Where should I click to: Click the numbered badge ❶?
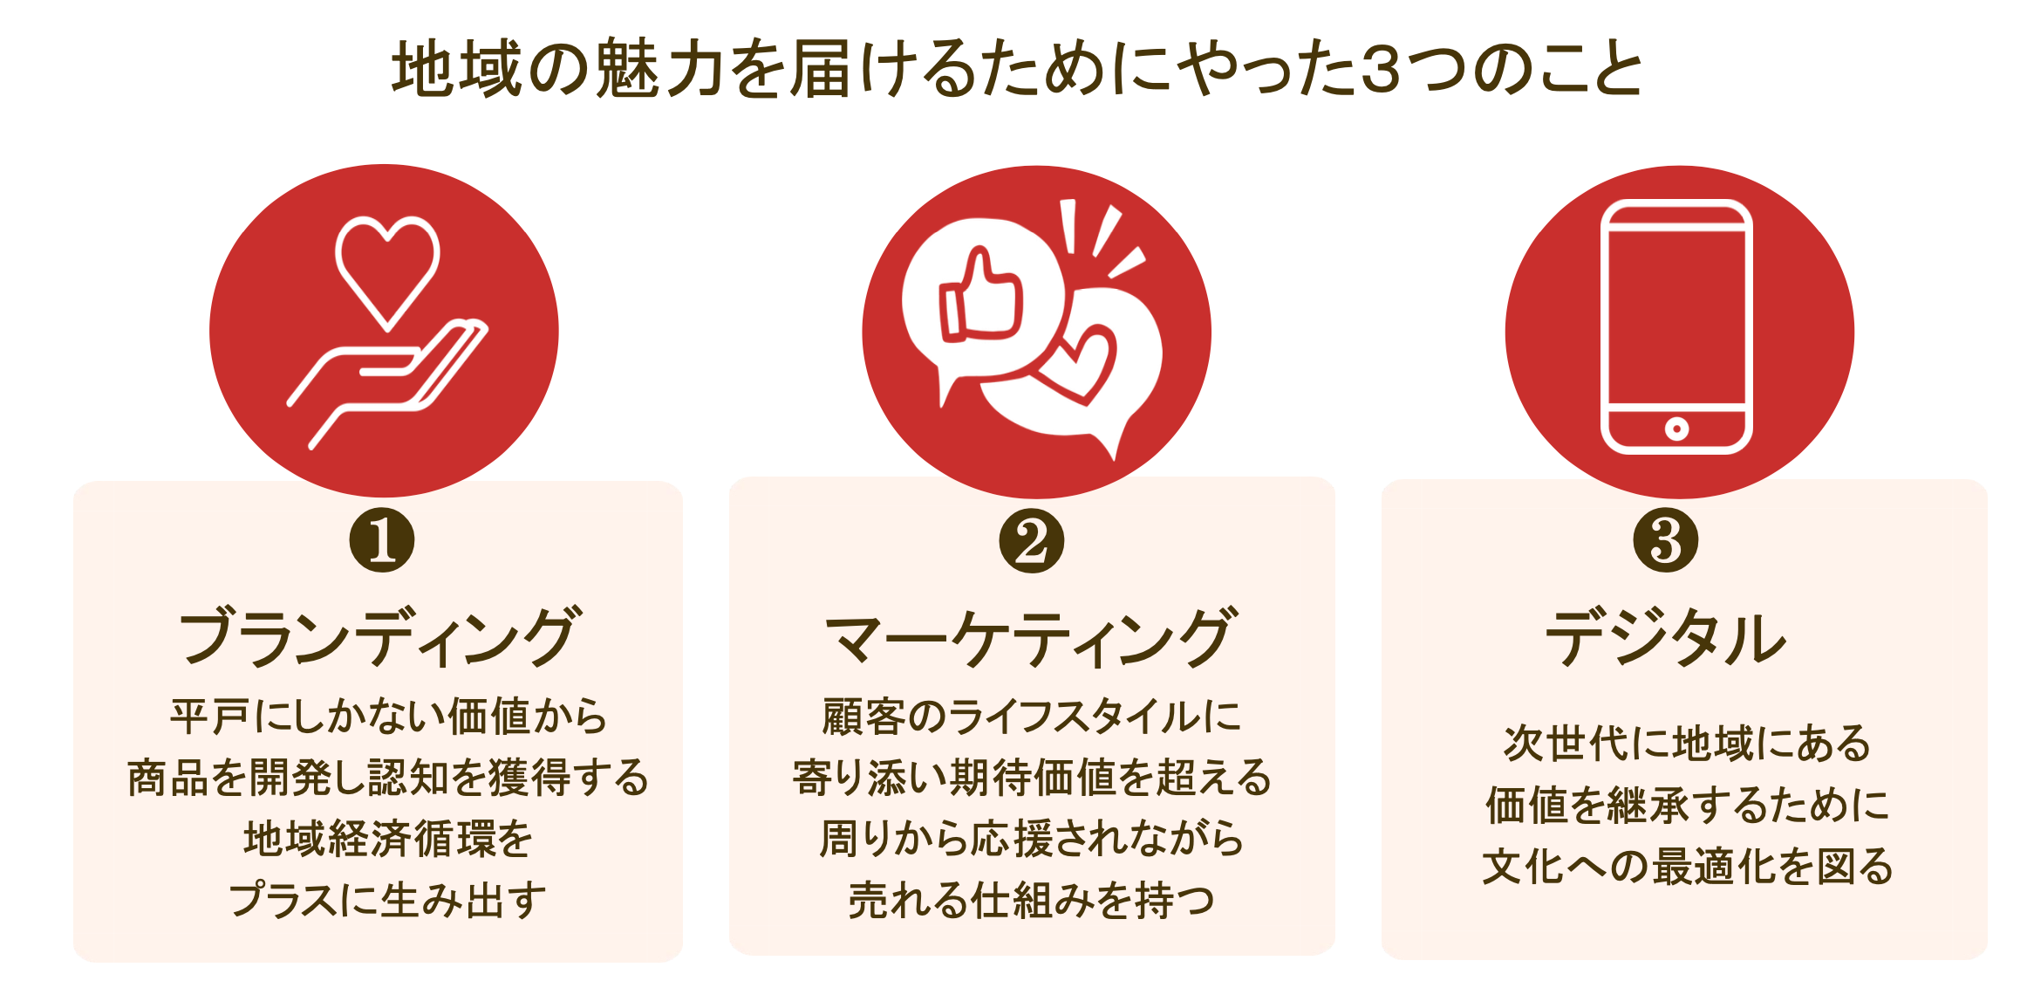(381, 540)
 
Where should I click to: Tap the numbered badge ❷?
(1031, 540)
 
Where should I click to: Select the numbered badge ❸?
(1665, 540)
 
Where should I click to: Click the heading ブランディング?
(379, 637)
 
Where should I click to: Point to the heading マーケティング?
(1031, 637)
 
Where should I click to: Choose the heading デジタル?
(1665, 637)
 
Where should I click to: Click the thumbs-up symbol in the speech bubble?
(981, 297)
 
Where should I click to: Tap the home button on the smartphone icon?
(1676, 429)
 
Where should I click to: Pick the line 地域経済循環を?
(388, 839)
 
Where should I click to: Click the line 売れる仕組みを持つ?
(1031, 900)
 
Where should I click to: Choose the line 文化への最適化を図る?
(1687, 867)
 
